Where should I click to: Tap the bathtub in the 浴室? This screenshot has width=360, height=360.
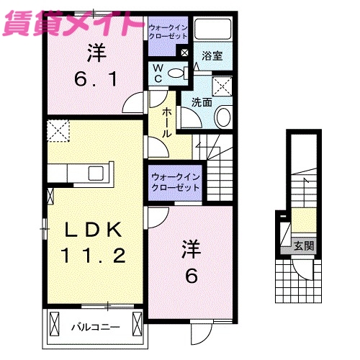[x=212, y=32]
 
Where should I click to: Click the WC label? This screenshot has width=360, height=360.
[x=158, y=73]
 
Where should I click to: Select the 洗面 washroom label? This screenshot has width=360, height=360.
[x=202, y=103]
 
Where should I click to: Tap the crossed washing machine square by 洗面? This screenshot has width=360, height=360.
[x=223, y=86]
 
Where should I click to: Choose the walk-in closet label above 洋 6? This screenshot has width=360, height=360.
[x=176, y=182]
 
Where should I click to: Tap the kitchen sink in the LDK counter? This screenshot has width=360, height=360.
[x=95, y=174]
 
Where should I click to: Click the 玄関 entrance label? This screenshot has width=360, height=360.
[x=305, y=246]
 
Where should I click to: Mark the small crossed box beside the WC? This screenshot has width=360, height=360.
[x=184, y=53]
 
